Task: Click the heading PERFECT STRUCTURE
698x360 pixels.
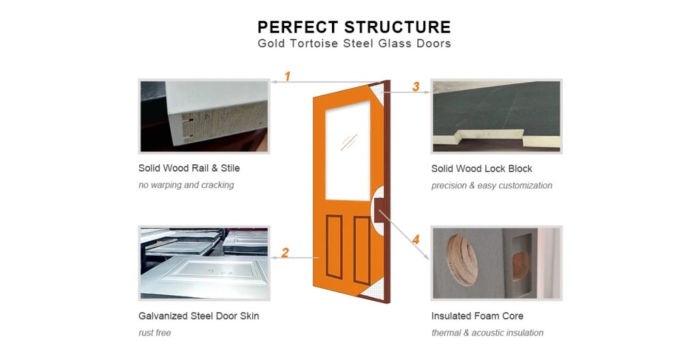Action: (x=354, y=27)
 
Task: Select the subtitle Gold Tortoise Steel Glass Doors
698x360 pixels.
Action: (x=354, y=44)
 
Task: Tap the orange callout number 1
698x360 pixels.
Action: (x=287, y=76)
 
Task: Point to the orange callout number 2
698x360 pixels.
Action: (x=285, y=253)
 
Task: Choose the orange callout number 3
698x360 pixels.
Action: (x=416, y=87)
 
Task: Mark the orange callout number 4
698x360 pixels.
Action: (x=416, y=240)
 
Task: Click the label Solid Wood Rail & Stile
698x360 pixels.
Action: (x=189, y=168)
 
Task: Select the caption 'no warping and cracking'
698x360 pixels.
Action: (x=186, y=185)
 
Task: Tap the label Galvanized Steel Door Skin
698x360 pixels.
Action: (x=198, y=316)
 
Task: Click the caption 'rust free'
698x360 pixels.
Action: (x=155, y=333)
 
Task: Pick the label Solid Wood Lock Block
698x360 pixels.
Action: (x=481, y=168)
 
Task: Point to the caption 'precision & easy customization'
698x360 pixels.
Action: (x=491, y=185)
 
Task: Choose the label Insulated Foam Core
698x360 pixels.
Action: (x=477, y=316)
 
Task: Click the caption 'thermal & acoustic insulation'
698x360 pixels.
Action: (x=487, y=333)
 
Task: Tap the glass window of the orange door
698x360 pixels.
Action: (x=348, y=149)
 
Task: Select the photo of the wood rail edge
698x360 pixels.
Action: (x=204, y=116)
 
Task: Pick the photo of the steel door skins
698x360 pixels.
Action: (x=204, y=262)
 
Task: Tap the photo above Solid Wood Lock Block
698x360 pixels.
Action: (x=496, y=116)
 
